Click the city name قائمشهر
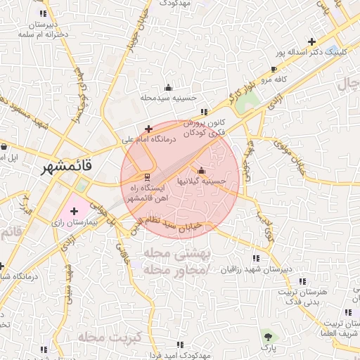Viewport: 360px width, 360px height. (x=64, y=169)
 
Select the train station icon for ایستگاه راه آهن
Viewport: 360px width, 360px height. (x=147, y=176)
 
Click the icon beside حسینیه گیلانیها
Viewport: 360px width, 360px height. (x=202, y=170)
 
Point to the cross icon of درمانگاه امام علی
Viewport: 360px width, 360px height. (x=148, y=129)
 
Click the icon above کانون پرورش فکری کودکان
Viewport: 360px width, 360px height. (x=204, y=112)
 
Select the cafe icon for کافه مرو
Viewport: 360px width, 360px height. (x=274, y=70)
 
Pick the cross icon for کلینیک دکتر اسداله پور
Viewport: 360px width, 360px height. (x=311, y=41)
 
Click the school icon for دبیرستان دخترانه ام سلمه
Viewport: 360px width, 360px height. (x=44, y=13)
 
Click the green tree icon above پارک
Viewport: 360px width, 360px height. (x=266, y=336)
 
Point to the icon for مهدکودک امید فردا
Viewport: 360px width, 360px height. (x=181, y=345)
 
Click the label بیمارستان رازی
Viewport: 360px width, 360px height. (x=67, y=221)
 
